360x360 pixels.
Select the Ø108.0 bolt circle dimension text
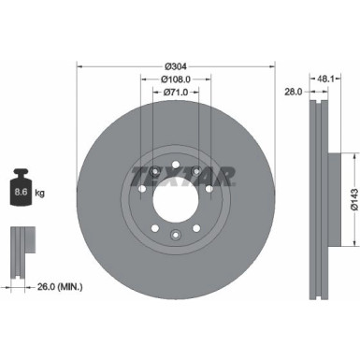pyautogui.click(x=176, y=80)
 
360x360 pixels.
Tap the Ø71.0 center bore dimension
pyautogui.click(x=176, y=94)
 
